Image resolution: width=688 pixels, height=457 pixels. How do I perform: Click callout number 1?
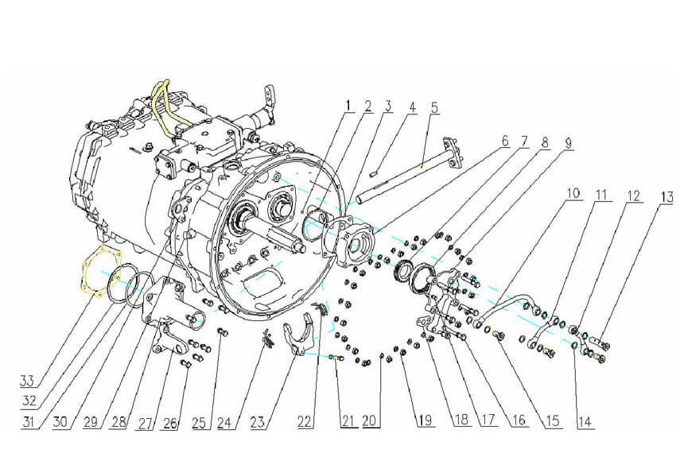coord(348,105)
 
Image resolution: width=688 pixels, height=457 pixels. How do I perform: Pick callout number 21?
coord(348,421)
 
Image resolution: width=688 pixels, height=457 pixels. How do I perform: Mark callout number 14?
coord(585,423)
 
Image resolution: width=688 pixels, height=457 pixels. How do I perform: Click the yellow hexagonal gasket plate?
coord(99,274)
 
